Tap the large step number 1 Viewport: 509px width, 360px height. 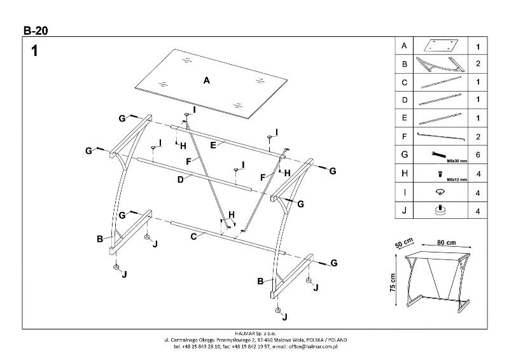35,52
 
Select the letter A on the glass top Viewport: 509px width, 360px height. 206,81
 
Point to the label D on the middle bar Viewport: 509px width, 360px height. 181,179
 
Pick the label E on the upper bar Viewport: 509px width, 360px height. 214,145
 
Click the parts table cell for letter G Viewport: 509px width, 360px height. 404,155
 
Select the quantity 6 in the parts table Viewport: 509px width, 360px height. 477,155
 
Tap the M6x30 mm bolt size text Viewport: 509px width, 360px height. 456,161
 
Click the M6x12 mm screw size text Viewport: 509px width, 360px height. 456,179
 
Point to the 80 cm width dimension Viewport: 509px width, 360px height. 446,242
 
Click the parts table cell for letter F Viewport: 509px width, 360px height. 404,136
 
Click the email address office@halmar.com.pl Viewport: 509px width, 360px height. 312,347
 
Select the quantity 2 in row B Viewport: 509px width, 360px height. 477,64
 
